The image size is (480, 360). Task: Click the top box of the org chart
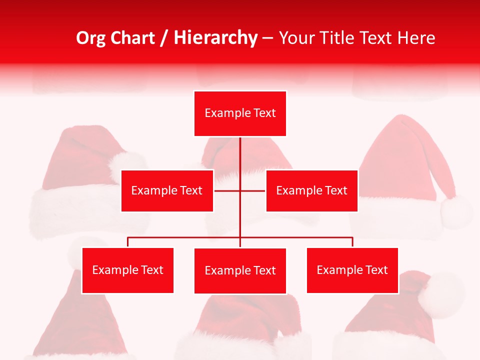pos(240,113)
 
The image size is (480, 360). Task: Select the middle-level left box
pos(167,190)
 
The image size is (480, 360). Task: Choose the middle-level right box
pos(311,190)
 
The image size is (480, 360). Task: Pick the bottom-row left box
pos(127,270)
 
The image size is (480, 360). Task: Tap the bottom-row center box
pos(240,271)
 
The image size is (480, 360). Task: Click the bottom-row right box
pos(352,270)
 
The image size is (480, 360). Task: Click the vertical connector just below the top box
pos(240,152)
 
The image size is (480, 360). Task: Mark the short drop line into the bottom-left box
pos(127,242)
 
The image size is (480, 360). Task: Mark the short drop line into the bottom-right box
pos(352,242)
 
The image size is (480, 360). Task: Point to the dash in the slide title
pos(267,38)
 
